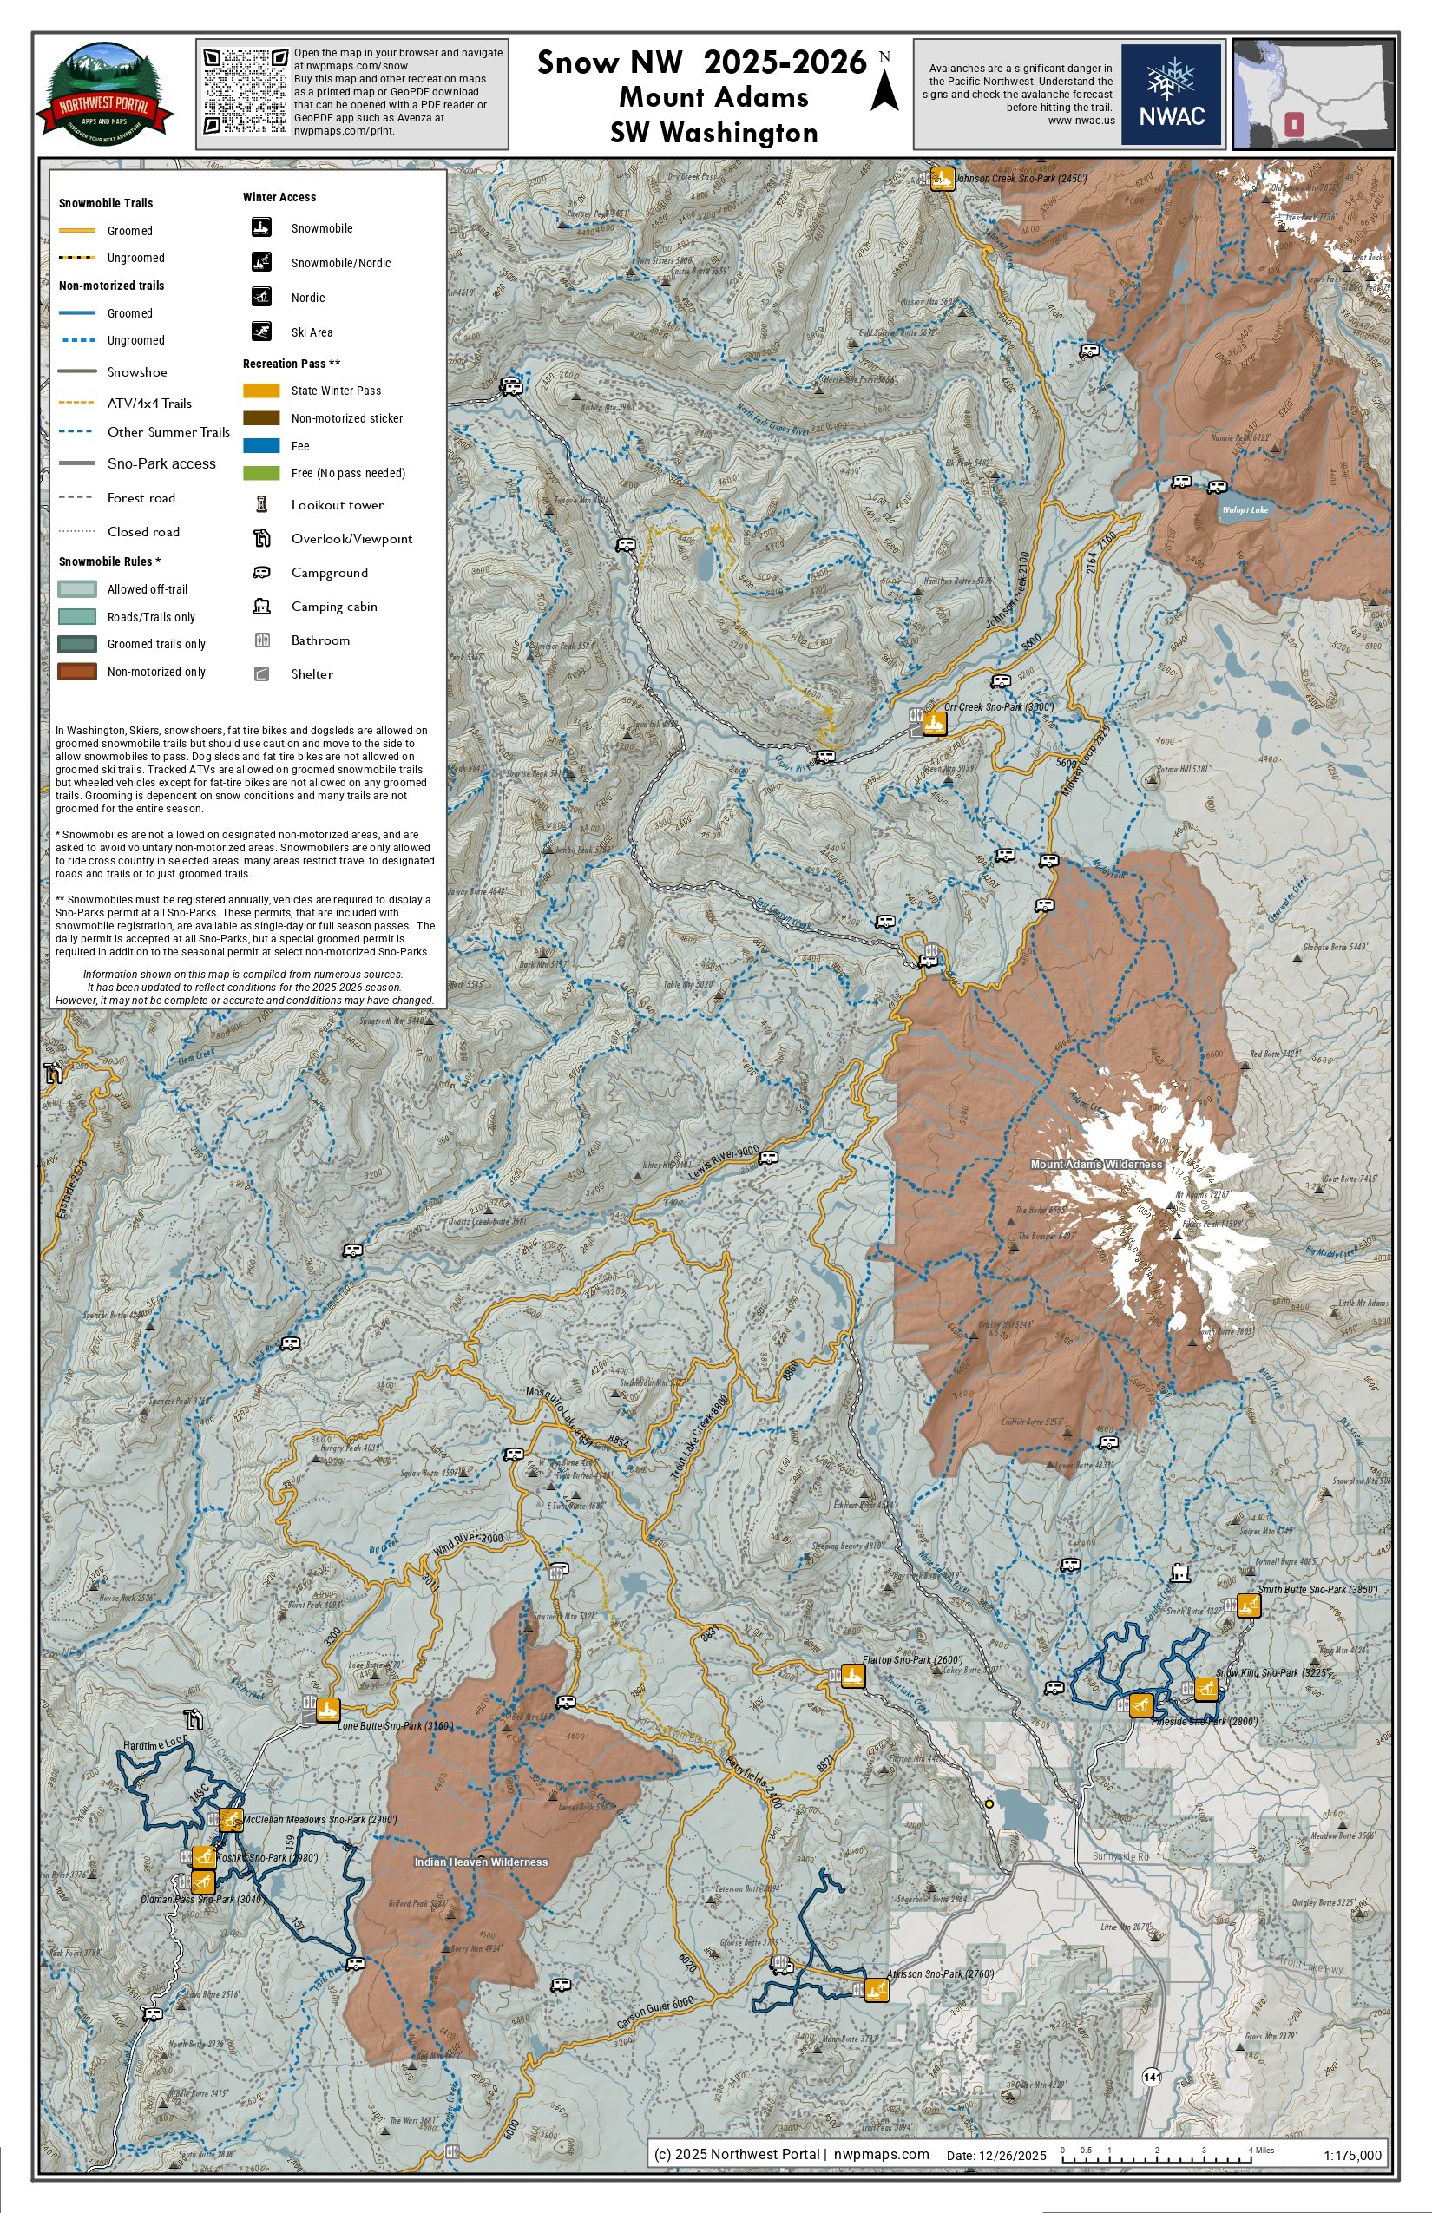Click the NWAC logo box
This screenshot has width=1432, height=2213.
coord(1171,94)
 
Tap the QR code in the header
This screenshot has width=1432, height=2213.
coord(246,91)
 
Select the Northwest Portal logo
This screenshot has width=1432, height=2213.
coord(104,94)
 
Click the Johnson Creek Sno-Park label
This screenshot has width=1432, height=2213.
coord(1021,178)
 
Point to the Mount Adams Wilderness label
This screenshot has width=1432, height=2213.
coord(1096,1164)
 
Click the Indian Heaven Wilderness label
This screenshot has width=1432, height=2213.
coord(481,1862)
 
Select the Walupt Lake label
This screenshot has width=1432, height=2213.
coord(1245,509)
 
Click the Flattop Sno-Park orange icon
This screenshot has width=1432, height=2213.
coord(852,1676)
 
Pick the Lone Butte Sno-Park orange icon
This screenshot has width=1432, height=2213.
coord(327,1709)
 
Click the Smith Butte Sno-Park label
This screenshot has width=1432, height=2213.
coord(1317,1589)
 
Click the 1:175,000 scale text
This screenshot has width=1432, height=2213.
coord(1352,2156)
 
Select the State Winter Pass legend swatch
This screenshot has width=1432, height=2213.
coord(261,391)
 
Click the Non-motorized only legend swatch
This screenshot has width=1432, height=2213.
coord(77,672)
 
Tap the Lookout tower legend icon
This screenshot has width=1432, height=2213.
coord(262,505)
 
